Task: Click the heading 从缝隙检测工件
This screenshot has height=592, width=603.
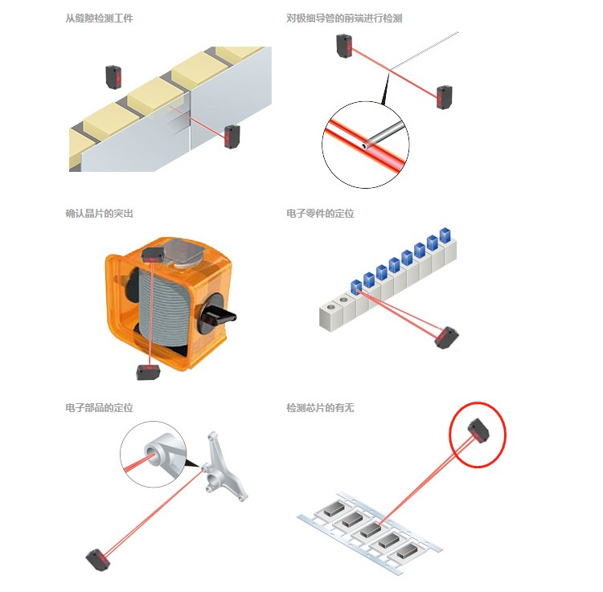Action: click(x=99, y=18)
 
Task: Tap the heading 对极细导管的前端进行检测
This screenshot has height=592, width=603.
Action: click(x=344, y=18)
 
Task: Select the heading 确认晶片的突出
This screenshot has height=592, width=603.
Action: click(x=99, y=213)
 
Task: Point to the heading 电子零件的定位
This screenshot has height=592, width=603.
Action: click(x=320, y=213)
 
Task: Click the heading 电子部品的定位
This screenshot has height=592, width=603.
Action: click(x=99, y=407)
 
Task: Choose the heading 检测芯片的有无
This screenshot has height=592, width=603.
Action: click(x=320, y=407)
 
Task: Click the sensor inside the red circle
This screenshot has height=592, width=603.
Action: click(x=478, y=431)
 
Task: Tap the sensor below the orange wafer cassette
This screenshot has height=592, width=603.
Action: click(x=148, y=371)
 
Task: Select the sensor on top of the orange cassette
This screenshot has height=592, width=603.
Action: click(x=153, y=255)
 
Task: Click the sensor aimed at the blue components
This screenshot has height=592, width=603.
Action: click(x=446, y=337)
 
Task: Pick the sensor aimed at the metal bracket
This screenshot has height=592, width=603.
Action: click(x=97, y=560)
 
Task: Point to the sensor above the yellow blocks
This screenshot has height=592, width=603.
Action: click(x=113, y=77)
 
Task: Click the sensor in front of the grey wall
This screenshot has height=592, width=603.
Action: click(x=232, y=137)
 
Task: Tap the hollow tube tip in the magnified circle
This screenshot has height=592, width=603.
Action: click(x=364, y=146)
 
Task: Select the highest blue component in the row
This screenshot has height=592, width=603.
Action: click(x=445, y=235)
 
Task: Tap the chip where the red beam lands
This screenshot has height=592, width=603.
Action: click(x=371, y=529)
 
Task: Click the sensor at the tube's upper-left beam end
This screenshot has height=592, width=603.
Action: click(x=344, y=46)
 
